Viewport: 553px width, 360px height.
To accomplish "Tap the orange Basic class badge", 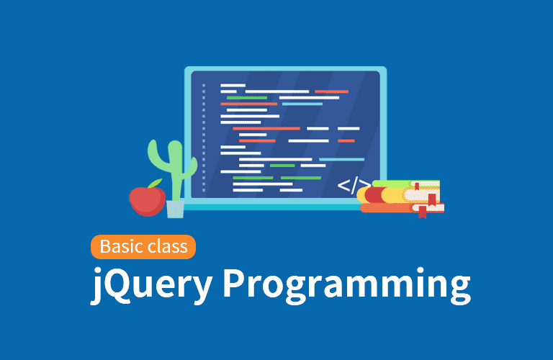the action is (143, 247).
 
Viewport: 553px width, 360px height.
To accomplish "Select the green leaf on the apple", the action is (156, 183).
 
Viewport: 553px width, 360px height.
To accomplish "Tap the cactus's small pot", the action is (175, 209).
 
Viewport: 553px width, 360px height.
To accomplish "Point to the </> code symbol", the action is (354, 185).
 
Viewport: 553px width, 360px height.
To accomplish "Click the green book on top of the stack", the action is (405, 184).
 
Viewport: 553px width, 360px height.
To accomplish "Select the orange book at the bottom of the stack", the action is (402, 208).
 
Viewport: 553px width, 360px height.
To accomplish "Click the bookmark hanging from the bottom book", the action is (422, 212).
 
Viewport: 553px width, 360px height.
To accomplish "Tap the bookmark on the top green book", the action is (417, 186).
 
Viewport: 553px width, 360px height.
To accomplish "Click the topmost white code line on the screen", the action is (233, 86).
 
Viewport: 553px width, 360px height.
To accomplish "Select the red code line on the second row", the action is (331, 91).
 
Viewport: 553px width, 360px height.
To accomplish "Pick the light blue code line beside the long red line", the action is (302, 104).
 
